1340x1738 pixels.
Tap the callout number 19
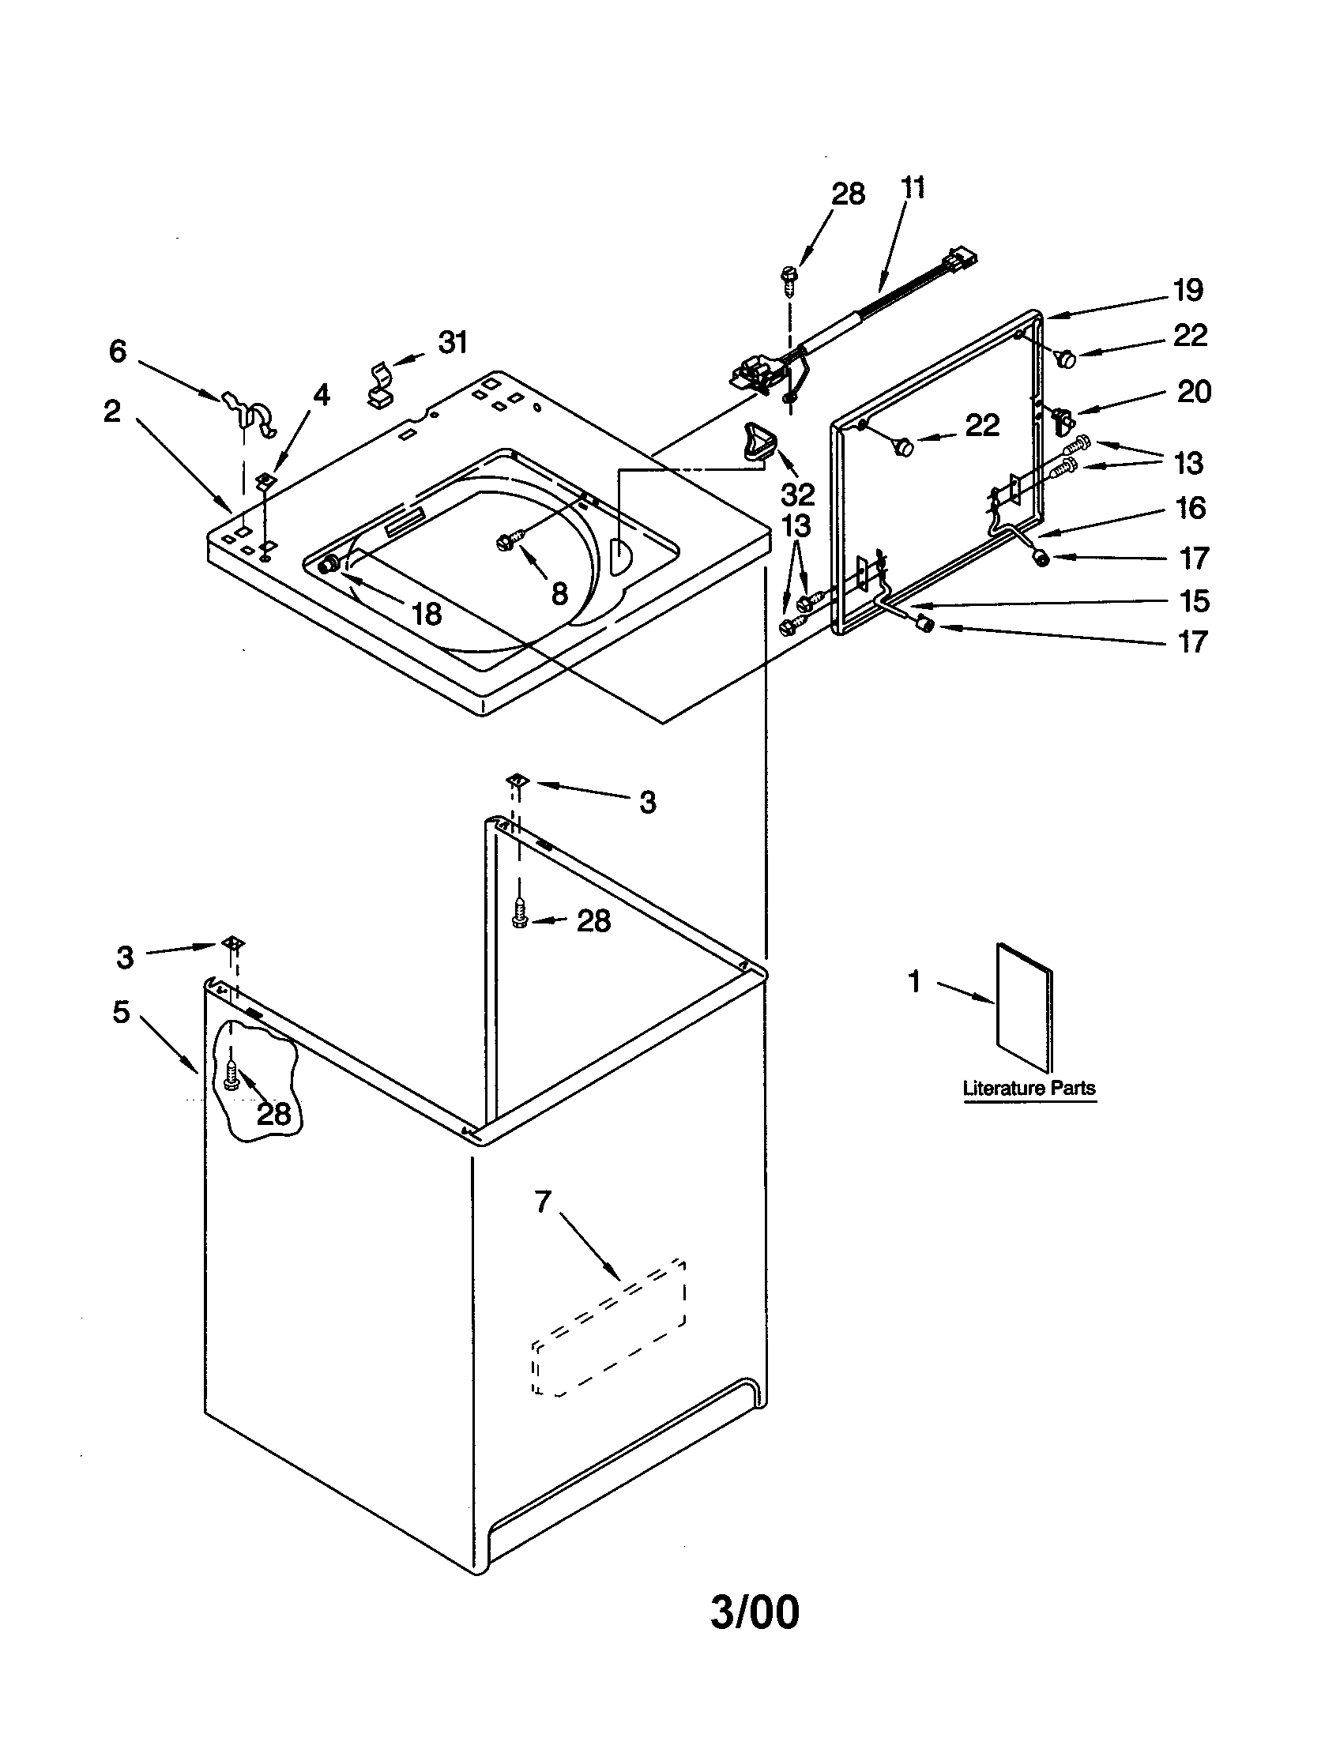click(1188, 291)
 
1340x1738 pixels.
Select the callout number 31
click(452, 342)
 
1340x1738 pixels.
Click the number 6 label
click(118, 351)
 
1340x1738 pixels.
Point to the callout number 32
click(797, 495)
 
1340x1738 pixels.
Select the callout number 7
click(543, 1201)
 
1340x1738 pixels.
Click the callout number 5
click(121, 1012)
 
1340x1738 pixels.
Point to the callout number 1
click(914, 982)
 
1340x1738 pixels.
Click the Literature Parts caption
click(1029, 1088)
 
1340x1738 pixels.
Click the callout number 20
click(1193, 392)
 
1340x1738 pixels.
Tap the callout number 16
click(1191, 508)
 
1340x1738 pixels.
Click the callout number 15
click(1194, 601)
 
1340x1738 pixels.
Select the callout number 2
click(112, 411)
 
